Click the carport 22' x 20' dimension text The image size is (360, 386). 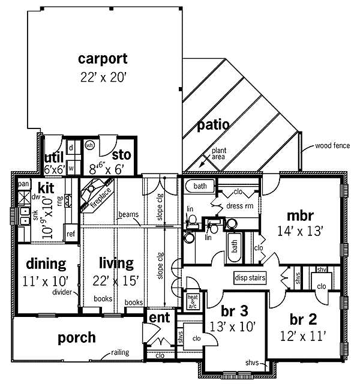(x=103, y=77)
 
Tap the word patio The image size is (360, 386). (x=213, y=125)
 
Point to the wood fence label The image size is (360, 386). (x=332, y=146)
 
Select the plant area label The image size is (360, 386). (x=219, y=154)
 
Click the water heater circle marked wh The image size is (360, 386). (x=89, y=145)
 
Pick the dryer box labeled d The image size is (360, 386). (x=71, y=148)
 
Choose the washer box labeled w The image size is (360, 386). (x=71, y=168)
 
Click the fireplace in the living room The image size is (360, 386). (x=97, y=195)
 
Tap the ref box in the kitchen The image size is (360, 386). (x=71, y=234)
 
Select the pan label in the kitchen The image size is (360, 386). (x=23, y=184)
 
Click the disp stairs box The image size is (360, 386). (x=250, y=278)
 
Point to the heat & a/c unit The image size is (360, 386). (x=193, y=301)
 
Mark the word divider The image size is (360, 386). (x=62, y=292)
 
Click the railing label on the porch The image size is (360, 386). (x=120, y=352)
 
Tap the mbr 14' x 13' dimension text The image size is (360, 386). (x=300, y=231)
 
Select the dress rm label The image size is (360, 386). (x=240, y=206)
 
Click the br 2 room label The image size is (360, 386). (x=303, y=319)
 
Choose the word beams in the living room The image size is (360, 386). (x=128, y=214)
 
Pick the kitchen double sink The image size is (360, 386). (x=25, y=216)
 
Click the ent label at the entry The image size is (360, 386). (x=160, y=318)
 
